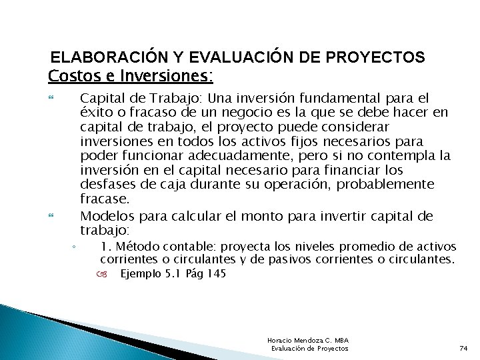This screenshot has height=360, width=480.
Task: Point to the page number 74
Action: pyautogui.click(x=464, y=349)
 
